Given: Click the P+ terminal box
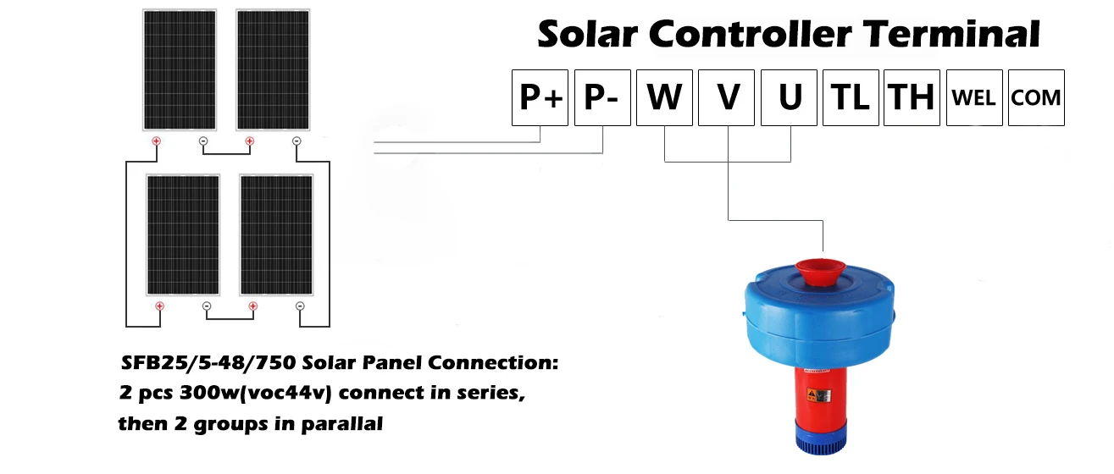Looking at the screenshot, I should point(540,97).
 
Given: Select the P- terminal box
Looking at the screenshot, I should point(602,97).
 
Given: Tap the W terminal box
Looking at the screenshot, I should point(664,97).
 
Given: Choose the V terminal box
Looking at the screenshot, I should point(728,97).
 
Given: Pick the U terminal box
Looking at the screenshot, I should point(790,97).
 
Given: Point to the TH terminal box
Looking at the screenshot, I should point(912,97).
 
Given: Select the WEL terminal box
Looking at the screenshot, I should point(974,97).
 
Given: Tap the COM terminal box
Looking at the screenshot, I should point(1036,97).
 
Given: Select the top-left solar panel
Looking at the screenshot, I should point(179,69).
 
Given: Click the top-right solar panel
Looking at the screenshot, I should point(272,69).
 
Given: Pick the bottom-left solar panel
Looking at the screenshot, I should point(183,235).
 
